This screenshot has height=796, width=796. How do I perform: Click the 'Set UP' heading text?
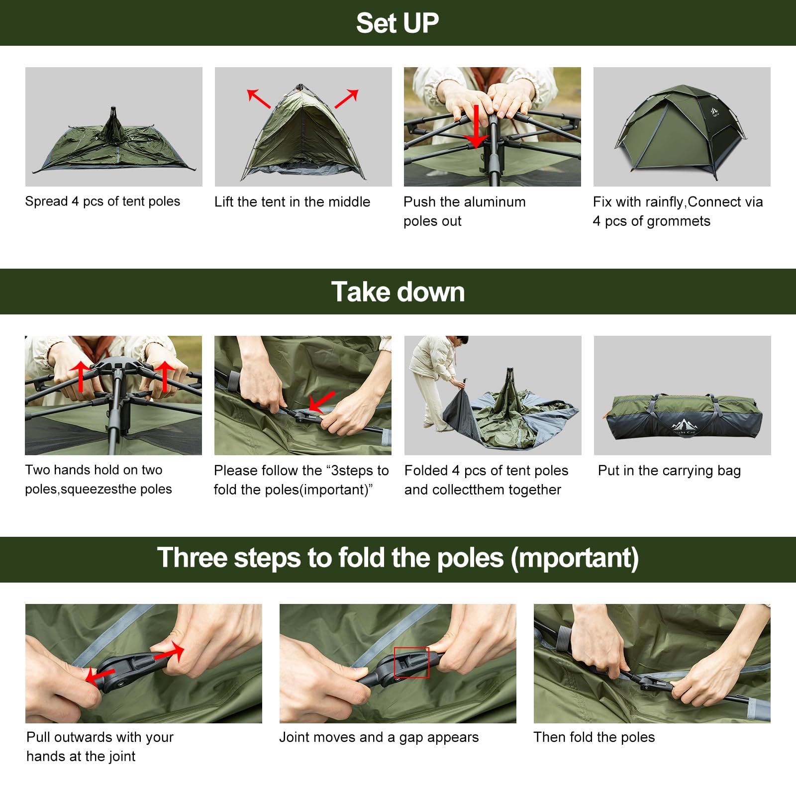click(x=397, y=23)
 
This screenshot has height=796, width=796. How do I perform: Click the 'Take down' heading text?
click(x=398, y=292)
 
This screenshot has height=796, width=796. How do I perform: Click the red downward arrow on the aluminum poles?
click(x=476, y=126)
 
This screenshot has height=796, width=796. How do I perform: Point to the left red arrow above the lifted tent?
click(x=258, y=99)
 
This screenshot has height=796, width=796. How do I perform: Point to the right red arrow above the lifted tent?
click(x=347, y=99)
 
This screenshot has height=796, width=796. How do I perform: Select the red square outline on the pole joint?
click(x=411, y=662)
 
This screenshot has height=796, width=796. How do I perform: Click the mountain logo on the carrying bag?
click(x=685, y=425)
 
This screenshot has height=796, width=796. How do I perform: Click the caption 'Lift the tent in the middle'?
click(x=292, y=201)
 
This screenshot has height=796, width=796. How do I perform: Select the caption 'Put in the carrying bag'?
click(x=669, y=470)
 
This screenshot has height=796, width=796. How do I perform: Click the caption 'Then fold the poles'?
click(x=594, y=737)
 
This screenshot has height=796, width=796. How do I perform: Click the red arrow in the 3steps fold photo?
click(x=321, y=401)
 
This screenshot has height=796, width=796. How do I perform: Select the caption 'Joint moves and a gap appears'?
click(x=379, y=737)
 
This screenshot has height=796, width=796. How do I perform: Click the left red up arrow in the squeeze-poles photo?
click(x=80, y=376)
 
